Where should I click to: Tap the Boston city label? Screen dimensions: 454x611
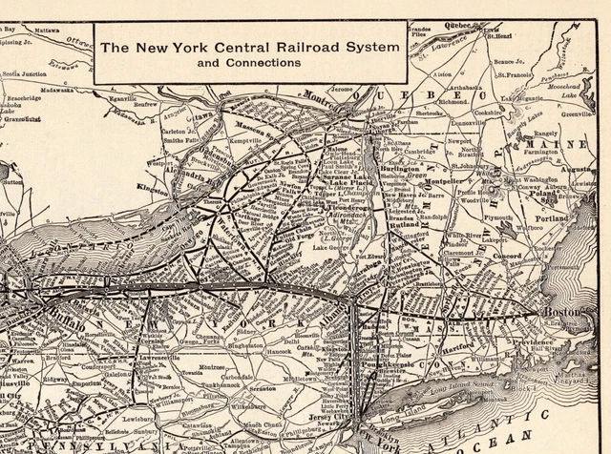(560, 312)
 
